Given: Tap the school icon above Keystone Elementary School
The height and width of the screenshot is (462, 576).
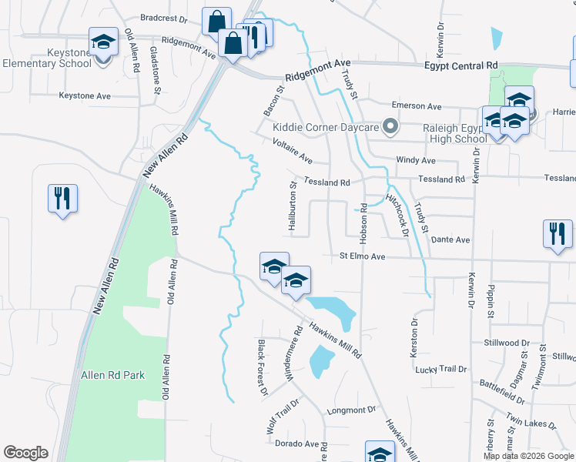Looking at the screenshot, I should click(x=103, y=42).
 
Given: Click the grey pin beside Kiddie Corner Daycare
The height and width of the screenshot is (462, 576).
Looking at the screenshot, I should click(x=391, y=126).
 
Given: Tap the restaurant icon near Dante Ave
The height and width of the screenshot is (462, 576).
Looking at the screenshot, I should click(x=557, y=234).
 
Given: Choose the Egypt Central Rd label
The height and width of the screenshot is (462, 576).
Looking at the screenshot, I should click(x=461, y=66).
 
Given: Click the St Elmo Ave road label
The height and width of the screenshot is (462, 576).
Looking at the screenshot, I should click(x=362, y=256).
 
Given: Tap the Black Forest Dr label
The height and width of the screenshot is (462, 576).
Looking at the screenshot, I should click(x=262, y=368).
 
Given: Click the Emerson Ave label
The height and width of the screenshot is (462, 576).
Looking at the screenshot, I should click(x=417, y=105).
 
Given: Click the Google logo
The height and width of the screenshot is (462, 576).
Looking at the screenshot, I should click(x=25, y=453).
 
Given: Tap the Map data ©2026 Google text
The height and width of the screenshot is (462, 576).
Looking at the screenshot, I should click(x=528, y=456).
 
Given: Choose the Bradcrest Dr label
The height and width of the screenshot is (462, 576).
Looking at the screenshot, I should click(x=164, y=18).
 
